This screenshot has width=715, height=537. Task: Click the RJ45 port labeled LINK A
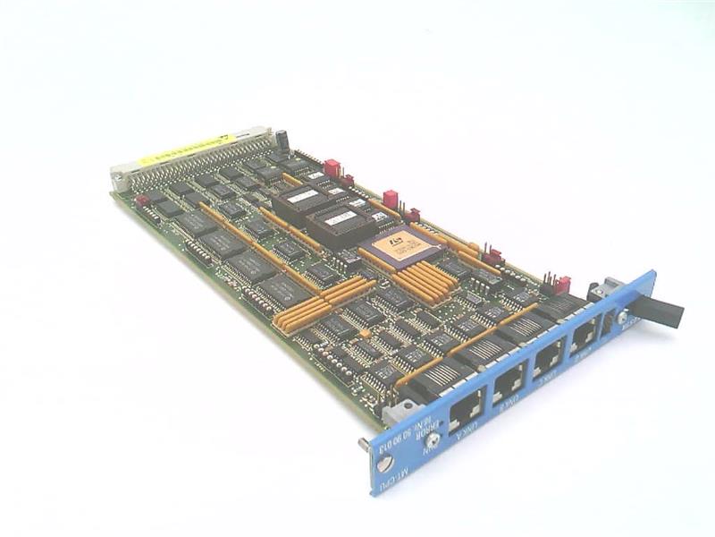point(465,409)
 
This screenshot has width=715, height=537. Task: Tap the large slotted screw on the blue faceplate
point(385,465)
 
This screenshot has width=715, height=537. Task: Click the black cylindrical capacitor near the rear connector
point(282,140)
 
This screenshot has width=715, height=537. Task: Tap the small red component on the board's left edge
point(140,200)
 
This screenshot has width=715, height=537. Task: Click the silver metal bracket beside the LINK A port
point(399,411)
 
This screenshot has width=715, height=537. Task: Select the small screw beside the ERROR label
point(433,439)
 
